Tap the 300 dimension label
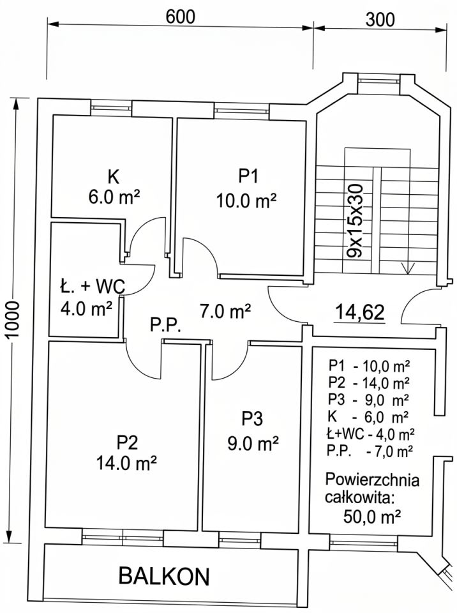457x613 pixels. [380, 20]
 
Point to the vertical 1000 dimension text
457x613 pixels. [13, 321]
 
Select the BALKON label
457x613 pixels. [164, 576]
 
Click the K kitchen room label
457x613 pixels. [114, 177]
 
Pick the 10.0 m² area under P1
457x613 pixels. [246, 201]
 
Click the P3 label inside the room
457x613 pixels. [252, 419]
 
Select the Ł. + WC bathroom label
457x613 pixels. [93, 287]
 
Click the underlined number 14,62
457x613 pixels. [360, 312]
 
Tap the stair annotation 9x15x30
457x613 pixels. [356, 220]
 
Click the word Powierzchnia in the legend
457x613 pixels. [372, 480]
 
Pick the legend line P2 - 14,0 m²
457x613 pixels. [369, 382]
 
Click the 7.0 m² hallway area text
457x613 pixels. [225, 311]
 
